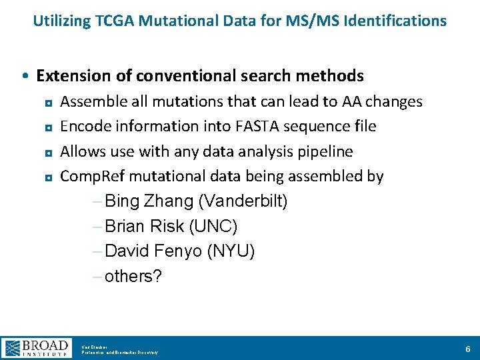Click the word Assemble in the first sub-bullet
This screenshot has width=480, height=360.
coord(90,101)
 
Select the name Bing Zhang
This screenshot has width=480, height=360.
coord(147,201)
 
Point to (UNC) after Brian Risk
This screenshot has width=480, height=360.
coord(213,227)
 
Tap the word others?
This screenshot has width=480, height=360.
coord(133,277)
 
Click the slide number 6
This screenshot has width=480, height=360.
coord(467,349)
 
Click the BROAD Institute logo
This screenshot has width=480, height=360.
coord(36,348)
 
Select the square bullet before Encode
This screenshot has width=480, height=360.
coord(49,127)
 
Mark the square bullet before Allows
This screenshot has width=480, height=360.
coord(49,153)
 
